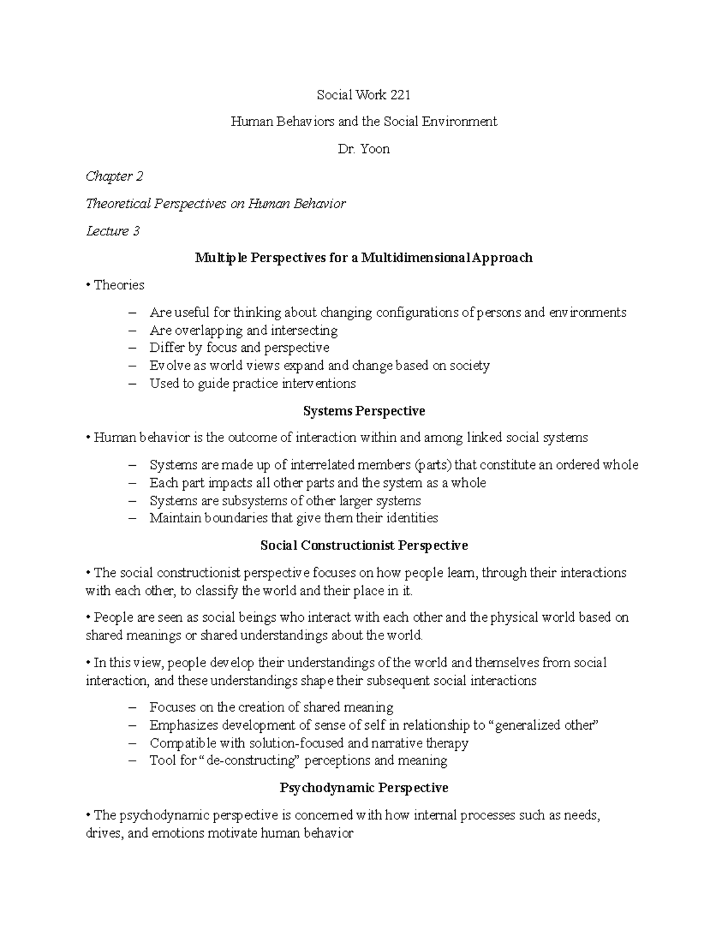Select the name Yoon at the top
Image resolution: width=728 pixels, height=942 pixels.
(375, 149)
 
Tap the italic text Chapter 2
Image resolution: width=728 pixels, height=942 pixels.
(115, 177)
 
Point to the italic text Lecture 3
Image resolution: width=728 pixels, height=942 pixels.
(113, 231)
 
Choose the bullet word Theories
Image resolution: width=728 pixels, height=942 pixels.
(119, 285)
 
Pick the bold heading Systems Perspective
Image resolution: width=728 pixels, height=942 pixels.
(364, 411)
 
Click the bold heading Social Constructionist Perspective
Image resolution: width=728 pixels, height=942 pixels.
(364, 545)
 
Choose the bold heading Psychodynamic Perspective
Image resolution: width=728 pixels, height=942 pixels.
(364, 788)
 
